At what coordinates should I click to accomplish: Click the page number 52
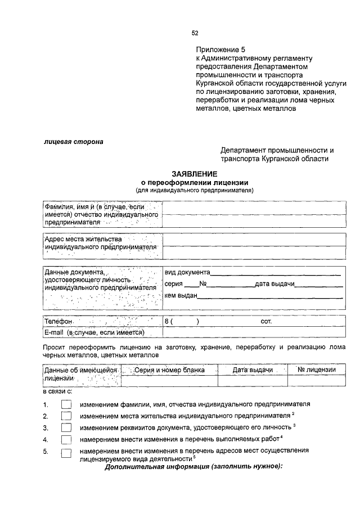click(x=195, y=33)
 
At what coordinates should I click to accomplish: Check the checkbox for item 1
click(x=66, y=405)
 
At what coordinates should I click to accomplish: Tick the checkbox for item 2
click(x=66, y=416)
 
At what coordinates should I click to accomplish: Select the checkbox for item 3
click(x=66, y=427)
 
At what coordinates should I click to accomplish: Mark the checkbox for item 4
click(x=66, y=439)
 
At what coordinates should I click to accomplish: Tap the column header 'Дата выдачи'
click(x=253, y=370)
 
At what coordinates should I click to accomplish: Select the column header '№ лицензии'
click(x=317, y=370)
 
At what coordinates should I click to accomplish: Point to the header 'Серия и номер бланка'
click(x=169, y=370)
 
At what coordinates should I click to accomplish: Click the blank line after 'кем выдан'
click(x=269, y=296)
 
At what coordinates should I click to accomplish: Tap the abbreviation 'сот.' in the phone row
click(x=267, y=322)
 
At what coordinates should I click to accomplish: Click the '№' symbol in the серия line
click(x=204, y=285)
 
